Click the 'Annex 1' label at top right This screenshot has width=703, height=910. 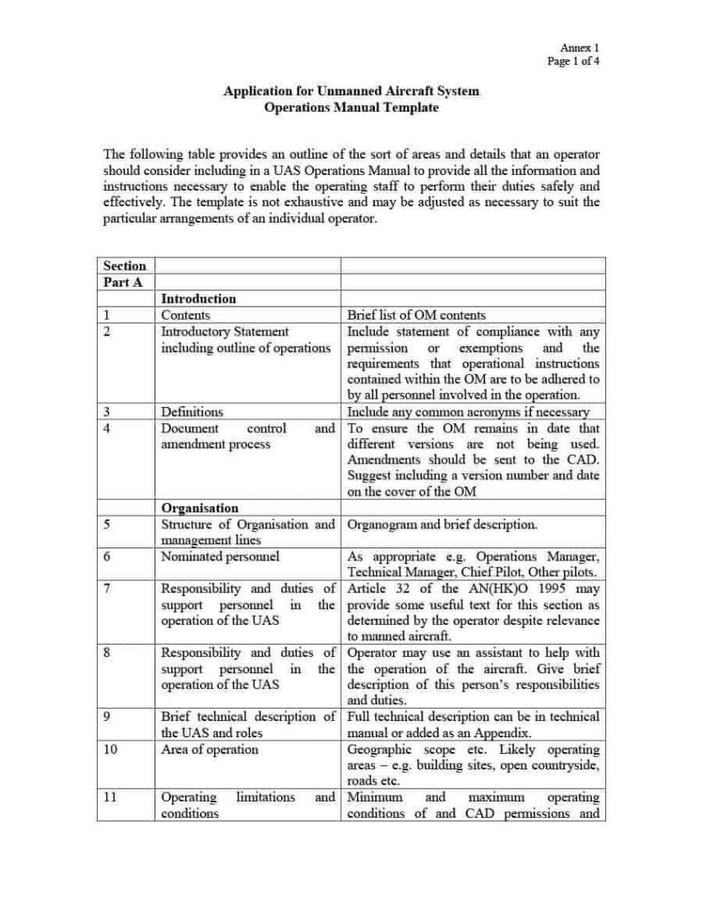pyautogui.click(x=580, y=48)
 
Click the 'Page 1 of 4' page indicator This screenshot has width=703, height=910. pyautogui.click(x=573, y=61)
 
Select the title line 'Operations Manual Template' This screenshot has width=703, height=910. pyautogui.click(x=351, y=108)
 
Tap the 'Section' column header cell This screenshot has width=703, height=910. pyautogui.click(x=125, y=266)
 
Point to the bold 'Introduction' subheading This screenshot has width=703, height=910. pyautogui.click(x=198, y=298)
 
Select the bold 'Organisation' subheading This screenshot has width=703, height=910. pyautogui.click(x=200, y=508)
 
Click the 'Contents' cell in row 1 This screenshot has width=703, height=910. pyautogui.click(x=186, y=315)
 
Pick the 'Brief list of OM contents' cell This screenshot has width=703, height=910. pyautogui.click(x=416, y=315)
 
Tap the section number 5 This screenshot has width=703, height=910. pyautogui.click(x=108, y=524)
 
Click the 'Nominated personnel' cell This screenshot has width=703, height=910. pyautogui.click(x=220, y=557)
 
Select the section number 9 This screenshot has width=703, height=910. pyautogui.click(x=108, y=717)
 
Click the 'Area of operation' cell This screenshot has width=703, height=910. pyautogui.click(x=210, y=749)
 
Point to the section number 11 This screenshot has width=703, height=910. pyautogui.click(x=110, y=797)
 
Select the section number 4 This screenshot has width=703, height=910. pyautogui.click(x=108, y=428)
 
